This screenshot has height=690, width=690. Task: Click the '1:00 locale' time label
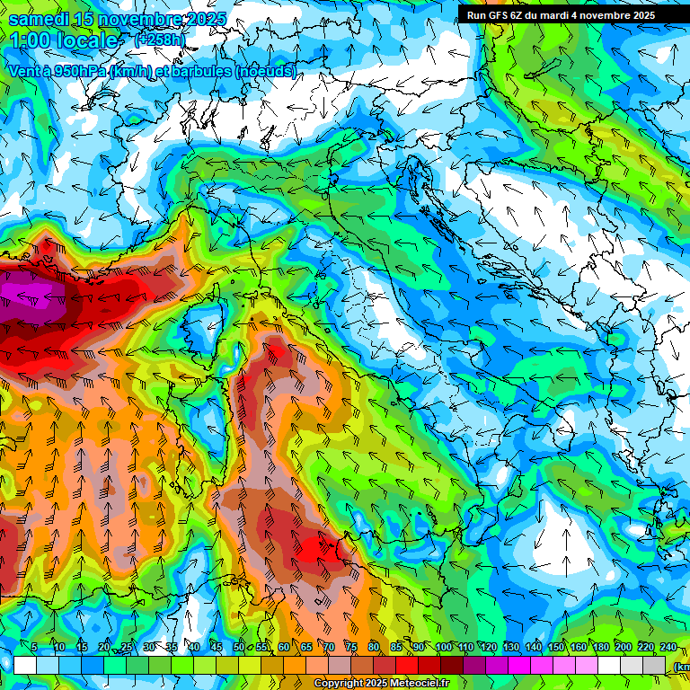65,40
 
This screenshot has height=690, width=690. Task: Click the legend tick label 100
443,647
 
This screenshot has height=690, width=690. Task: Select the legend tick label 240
668,647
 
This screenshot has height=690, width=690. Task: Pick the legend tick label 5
35,647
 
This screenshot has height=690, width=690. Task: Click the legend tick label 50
239,647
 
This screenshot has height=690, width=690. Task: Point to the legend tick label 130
510,647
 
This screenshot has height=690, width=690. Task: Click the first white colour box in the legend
25,665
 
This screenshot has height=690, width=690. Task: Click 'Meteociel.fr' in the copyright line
418,684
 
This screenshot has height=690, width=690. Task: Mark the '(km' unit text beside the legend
681,667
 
